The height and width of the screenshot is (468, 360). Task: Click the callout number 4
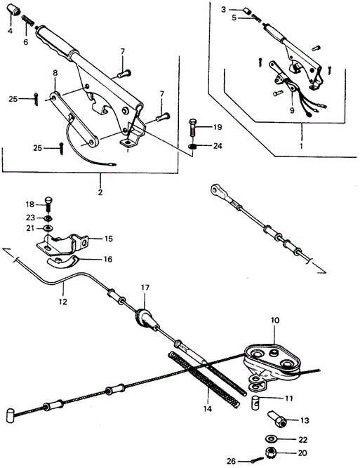tap(10, 30)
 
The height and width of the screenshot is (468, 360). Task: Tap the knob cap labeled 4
tap(14, 10)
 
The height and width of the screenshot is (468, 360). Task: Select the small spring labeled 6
tap(27, 21)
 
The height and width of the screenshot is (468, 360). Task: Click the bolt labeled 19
tap(193, 128)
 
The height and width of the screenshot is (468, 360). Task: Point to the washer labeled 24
tap(193, 147)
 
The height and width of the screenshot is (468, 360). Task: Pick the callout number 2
tap(100, 192)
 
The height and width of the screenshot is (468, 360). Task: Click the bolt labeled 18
tap(48, 204)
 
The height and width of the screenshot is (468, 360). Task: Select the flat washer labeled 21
tap(48, 228)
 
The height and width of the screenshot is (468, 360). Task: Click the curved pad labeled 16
tap(62, 262)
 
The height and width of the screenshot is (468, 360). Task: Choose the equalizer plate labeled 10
tap(272, 364)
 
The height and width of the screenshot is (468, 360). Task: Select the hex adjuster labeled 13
tap(276, 419)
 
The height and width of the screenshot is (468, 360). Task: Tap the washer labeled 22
tap(271, 439)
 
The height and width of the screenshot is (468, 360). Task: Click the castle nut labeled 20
tap(271, 453)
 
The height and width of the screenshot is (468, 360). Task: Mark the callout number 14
tap(208, 408)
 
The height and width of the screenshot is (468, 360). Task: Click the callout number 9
tap(291, 110)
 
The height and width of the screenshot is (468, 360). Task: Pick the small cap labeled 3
tap(247, 11)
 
